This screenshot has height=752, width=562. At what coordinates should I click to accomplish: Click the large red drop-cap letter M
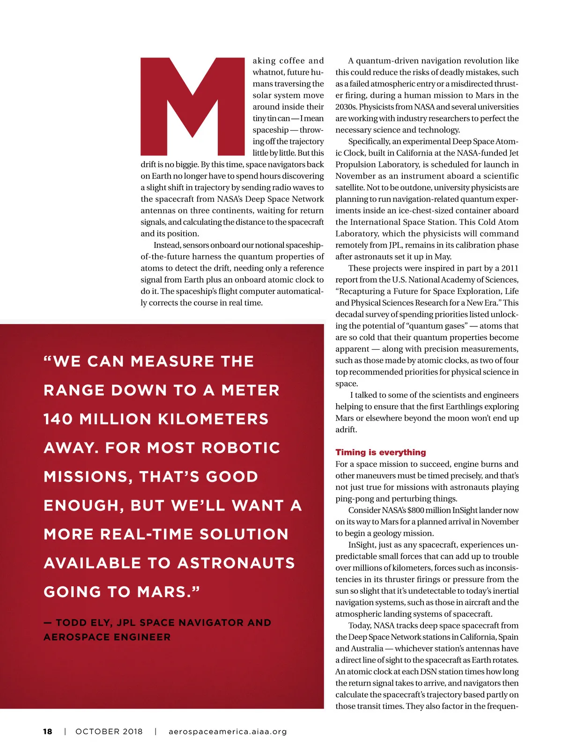[192, 107]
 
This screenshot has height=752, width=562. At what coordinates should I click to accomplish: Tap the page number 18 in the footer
[47, 731]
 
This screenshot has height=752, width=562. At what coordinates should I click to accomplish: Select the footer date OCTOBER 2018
[109, 731]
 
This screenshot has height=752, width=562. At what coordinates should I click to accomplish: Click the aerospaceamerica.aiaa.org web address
[228, 731]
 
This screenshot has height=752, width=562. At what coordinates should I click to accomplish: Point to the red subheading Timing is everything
[380, 452]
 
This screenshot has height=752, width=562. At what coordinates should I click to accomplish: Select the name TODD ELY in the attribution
[83, 623]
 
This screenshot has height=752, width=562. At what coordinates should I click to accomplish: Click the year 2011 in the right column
[510, 268]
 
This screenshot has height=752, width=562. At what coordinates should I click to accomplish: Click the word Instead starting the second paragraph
[167, 245]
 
